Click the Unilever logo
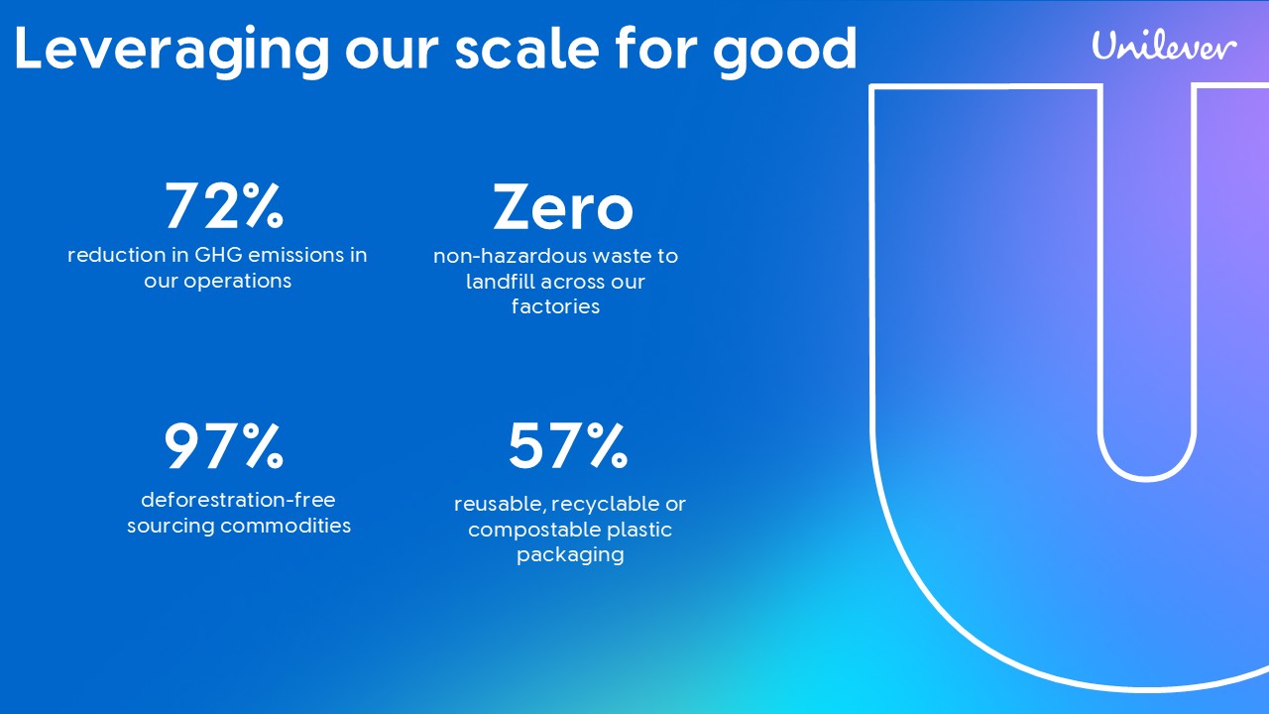point(1164,46)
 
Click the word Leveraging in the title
point(172,51)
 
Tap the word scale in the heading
point(526,50)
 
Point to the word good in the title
point(784,51)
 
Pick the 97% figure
point(224,446)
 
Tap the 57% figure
point(568,446)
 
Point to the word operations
point(237,282)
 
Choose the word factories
point(555,306)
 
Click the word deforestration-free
point(238,500)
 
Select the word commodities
point(286,526)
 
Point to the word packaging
point(570,555)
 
